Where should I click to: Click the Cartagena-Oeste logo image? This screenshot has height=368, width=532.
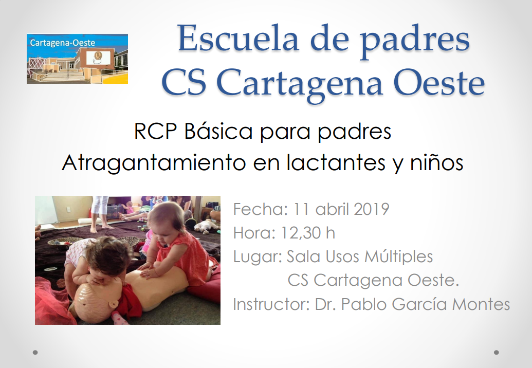point(77,59)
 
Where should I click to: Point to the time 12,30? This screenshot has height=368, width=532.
point(300,233)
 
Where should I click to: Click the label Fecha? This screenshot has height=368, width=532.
point(261,209)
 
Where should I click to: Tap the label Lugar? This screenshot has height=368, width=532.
point(258,256)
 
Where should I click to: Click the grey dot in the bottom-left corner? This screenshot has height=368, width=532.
point(35,353)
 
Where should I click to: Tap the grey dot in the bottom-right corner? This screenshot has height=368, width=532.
point(496,353)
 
